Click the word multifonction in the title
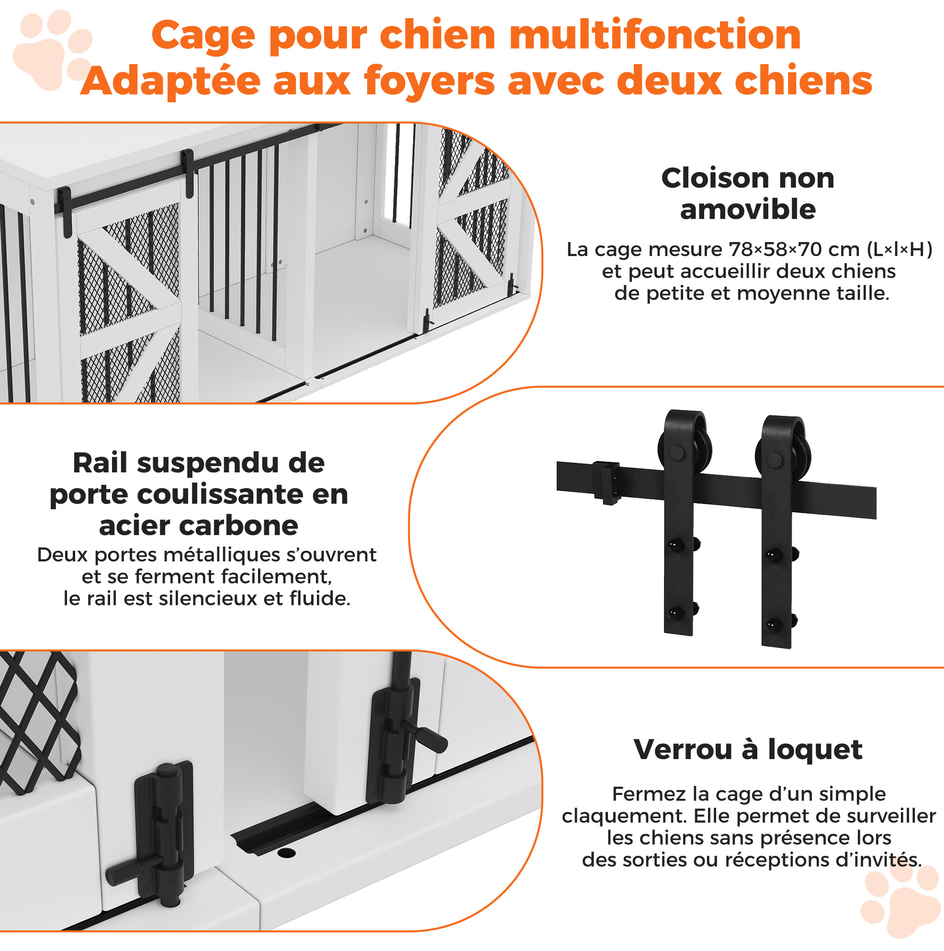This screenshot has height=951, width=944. [x=655, y=35]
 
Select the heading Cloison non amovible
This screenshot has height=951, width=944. [x=748, y=193]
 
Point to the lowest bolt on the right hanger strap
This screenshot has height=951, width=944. [x=775, y=625]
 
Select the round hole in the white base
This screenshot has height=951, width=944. [x=286, y=852]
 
